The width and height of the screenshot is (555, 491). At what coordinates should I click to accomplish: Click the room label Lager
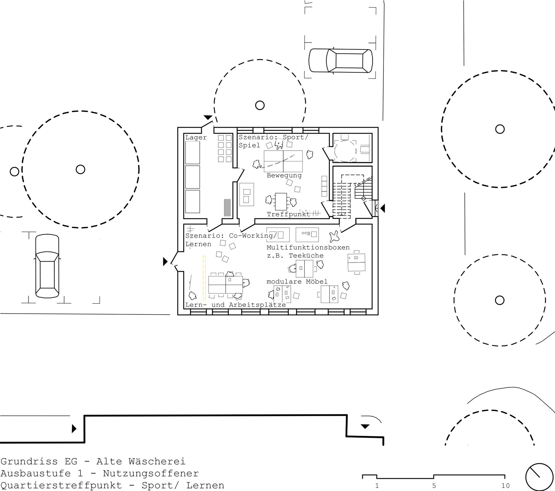point(196,138)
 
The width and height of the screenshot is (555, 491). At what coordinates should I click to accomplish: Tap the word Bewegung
point(284,176)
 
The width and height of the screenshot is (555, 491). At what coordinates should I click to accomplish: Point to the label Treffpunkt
point(288,214)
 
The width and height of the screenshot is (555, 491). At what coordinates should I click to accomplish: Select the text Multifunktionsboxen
point(308,248)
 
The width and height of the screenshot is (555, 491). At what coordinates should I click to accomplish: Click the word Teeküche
point(306,256)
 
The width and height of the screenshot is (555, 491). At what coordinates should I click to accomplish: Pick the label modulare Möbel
point(297,282)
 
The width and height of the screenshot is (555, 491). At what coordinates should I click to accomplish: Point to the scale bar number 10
point(506,486)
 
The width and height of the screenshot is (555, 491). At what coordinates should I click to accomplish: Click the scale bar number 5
point(434,486)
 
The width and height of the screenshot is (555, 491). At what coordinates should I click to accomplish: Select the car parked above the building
point(341,60)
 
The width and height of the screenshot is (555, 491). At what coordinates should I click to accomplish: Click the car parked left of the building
point(47,266)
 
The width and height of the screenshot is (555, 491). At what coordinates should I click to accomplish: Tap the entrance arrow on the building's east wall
point(382,208)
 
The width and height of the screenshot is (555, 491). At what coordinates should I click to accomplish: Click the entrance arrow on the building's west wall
point(165,261)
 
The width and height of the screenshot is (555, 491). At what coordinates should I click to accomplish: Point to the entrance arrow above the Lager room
point(208,117)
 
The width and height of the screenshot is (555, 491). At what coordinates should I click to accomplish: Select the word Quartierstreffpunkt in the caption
point(61,485)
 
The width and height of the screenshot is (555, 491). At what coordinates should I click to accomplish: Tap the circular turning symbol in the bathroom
point(345,151)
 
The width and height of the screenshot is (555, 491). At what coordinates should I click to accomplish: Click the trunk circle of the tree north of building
point(260,105)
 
